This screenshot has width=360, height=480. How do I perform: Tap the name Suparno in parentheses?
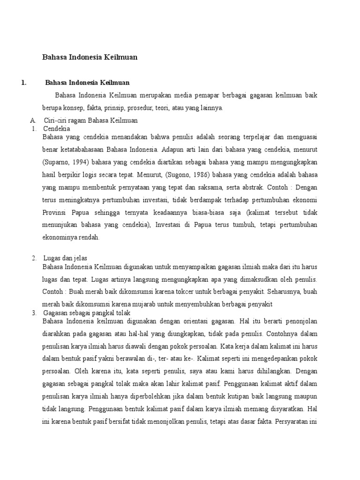(x=56, y=162)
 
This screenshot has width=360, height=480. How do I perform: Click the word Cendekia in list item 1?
(x=56, y=128)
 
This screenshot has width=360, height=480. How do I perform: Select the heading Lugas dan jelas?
(x=65, y=258)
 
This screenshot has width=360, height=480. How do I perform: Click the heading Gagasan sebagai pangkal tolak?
(x=87, y=313)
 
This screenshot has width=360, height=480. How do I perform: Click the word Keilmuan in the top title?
(x=118, y=57)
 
